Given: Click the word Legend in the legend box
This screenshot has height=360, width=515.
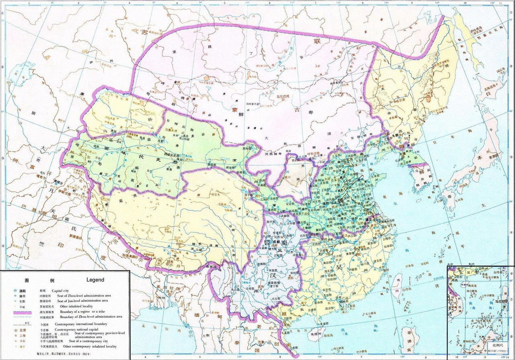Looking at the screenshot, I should [x=95, y=280].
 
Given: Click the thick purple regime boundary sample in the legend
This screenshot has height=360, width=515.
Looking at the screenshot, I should [x=23, y=311].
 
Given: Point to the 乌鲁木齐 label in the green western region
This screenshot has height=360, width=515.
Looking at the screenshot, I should [x=174, y=130].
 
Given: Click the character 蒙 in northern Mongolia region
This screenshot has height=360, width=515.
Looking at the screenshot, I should [x=235, y=109].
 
